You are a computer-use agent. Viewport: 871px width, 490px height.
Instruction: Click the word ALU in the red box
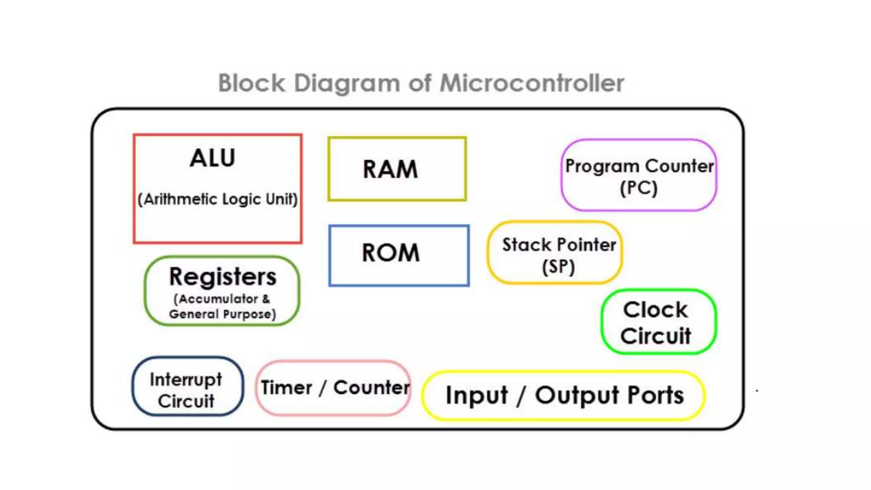coord(212,158)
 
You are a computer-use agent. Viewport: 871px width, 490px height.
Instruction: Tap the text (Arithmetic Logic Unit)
coord(217,199)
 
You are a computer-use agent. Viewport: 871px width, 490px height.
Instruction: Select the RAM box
coord(397,169)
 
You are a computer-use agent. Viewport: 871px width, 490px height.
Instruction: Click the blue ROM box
coord(398,255)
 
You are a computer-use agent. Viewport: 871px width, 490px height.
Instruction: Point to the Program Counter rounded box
coord(638,175)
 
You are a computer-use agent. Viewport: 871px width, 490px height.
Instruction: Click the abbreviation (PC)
coord(638,188)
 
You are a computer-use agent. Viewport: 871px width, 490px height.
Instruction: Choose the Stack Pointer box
coord(555,252)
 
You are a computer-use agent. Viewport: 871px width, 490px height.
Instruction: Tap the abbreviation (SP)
coord(558,267)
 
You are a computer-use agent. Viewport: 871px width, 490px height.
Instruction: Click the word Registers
coord(222,277)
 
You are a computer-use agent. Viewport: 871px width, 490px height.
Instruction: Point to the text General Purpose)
coord(222,314)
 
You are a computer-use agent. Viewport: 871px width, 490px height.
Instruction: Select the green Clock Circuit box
coord(658,322)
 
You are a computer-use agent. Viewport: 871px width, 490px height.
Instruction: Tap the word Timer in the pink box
coord(286,388)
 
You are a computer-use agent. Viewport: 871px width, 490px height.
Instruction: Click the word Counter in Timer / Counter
coord(371,387)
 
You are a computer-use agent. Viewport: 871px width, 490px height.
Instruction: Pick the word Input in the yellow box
coord(476,396)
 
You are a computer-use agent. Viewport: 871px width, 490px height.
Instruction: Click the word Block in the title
coord(251,83)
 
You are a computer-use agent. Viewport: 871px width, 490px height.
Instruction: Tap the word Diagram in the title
coord(347,83)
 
